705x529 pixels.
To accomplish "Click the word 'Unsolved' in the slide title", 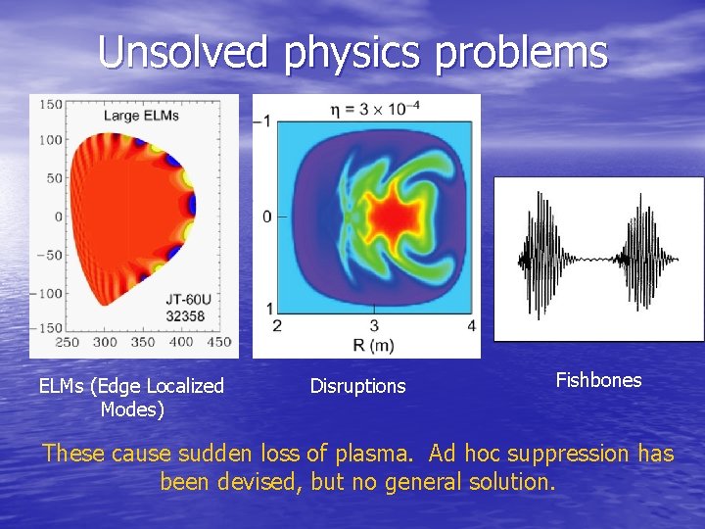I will pyautogui.click(x=183, y=52).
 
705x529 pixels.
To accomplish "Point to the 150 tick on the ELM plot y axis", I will pyautogui.click(x=51, y=105).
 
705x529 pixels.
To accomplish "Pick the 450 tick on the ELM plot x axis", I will pyautogui.click(x=219, y=342).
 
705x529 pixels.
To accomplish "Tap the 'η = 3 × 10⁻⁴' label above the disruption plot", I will pyautogui.click(x=375, y=106).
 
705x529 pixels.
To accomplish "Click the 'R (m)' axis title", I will pyautogui.click(x=375, y=345).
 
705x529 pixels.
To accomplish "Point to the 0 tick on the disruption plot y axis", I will pyautogui.click(x=267, y=216).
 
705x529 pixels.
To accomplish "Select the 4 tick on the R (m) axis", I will pyautogui.click(x=472, y=325).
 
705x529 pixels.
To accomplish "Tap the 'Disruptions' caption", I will pyautogui.click(x=357, y=386).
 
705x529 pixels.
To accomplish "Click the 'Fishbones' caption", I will pyautogui.click(x=598, y=380).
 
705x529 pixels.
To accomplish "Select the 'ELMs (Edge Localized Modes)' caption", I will pyautogui.click(x=131, y=397).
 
